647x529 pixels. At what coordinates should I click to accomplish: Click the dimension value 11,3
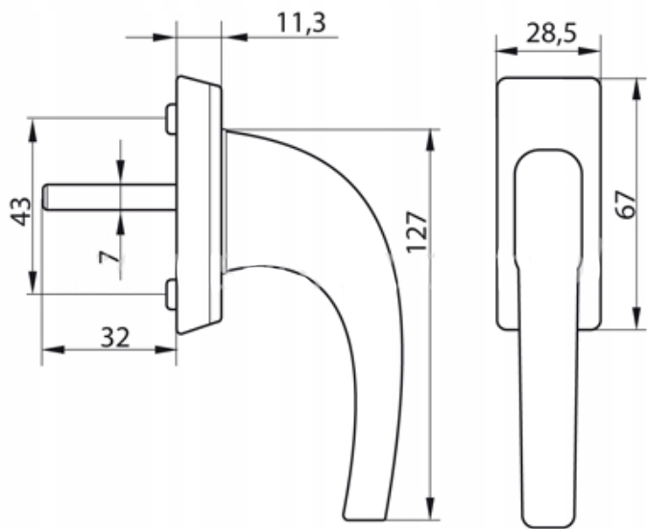pyautogui.click(x=301, y=23)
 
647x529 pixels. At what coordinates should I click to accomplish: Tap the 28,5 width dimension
pyautogui.click(x=551, y=33)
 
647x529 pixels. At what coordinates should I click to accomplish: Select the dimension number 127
pyautogui.click(x=417, y=232)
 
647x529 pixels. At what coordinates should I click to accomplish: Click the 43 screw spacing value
pyautogui.click(x=20, y=211)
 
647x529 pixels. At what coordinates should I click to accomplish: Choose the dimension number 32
pyautogui.click(x=115, y=338)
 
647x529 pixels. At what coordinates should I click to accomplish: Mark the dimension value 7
pyautogui.click(x=108, y=256)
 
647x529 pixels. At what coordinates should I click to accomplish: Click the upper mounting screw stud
pyautogui.click(x=171, y=119)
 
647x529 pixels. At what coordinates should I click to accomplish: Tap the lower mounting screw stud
pyautogui.click(x=171, y=294)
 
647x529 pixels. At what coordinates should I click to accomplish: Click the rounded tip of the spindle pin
pyautogui.click(x=44, y=197)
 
